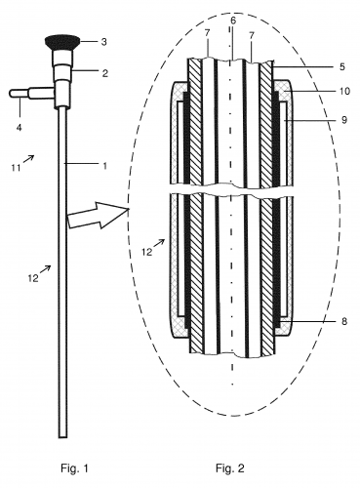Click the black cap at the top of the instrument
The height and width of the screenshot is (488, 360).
click(63, 42)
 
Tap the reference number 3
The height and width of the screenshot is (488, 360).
click(103, 42)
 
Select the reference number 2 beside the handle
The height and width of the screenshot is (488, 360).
click(104, 73)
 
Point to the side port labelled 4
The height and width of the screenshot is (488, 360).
click(31, 94)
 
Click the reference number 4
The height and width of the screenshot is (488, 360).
click(20, 127)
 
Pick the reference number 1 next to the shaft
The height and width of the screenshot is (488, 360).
click(104, 166)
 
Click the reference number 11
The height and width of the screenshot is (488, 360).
click(17, 168)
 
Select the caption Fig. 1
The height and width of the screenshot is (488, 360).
click(74, 468)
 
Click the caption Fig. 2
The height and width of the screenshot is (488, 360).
click(229, 468)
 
